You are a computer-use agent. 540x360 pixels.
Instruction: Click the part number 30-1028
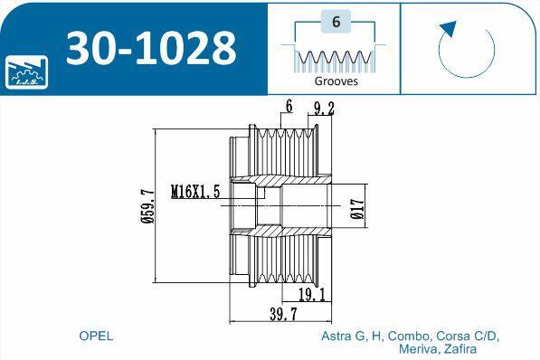point(151,48)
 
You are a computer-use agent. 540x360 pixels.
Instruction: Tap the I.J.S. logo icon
point(26,72)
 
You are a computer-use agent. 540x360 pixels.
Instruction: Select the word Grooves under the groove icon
point(336,81)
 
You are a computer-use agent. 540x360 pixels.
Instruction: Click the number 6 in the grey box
point(336,22)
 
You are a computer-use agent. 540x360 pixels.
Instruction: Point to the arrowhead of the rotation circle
point(448,29)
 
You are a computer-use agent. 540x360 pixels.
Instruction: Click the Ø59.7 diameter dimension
point(148,206)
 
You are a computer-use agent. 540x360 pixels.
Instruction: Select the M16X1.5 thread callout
point(195,192)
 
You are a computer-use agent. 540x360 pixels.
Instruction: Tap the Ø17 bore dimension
point(357,209)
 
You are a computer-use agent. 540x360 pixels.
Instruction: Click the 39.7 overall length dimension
point(283,314)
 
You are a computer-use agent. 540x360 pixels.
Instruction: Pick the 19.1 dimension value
point(312,295)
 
